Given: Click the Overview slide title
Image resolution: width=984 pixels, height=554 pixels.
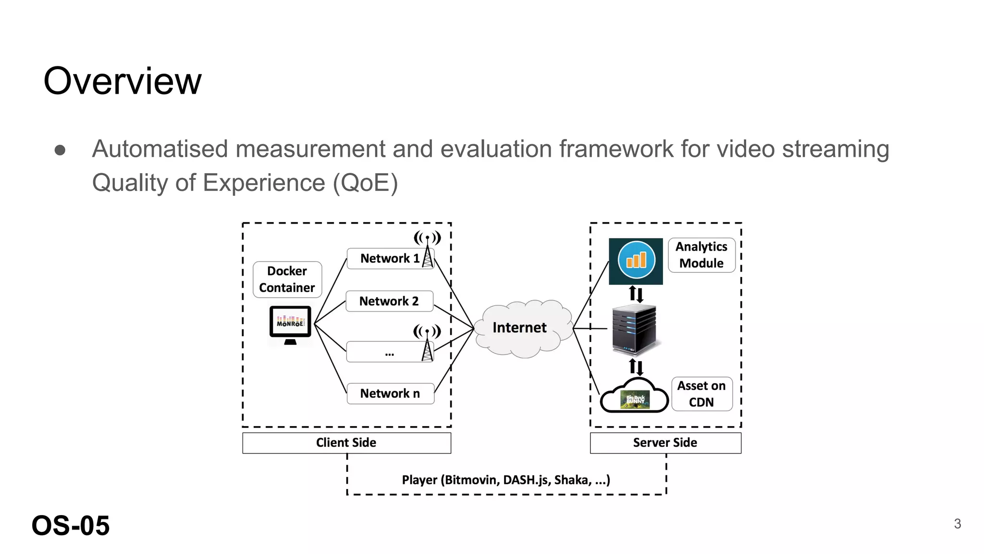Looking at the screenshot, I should click(123, 81).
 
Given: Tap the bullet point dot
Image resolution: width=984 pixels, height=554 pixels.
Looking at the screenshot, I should click(60, 150).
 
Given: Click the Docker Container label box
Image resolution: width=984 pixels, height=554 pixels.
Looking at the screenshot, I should click(287, 279).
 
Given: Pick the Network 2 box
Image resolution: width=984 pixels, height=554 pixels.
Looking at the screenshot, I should click(389, 302).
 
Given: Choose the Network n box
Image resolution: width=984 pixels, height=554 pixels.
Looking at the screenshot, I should click(390, 393).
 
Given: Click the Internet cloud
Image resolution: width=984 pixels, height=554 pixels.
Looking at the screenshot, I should click(520, 328).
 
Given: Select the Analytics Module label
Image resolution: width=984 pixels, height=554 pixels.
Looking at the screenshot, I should click(701, 255).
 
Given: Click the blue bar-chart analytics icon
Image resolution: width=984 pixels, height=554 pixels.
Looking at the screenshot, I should click(636, 261).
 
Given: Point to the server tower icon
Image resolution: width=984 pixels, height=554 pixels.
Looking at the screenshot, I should click(635, 329).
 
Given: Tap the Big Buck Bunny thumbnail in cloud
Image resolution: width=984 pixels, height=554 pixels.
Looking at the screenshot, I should click(635, 400).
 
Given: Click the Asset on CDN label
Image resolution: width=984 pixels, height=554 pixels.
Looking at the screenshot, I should click(701, 394).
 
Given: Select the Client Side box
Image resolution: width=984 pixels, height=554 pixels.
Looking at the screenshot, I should click(346, 443).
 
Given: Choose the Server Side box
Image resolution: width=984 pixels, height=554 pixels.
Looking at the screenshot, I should click(665, 443).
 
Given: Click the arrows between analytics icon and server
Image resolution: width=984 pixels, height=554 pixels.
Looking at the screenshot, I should click(636, 294).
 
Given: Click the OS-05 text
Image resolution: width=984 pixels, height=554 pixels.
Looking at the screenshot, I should click(71, 526).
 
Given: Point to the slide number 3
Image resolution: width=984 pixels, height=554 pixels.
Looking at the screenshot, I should click(957, 524).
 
